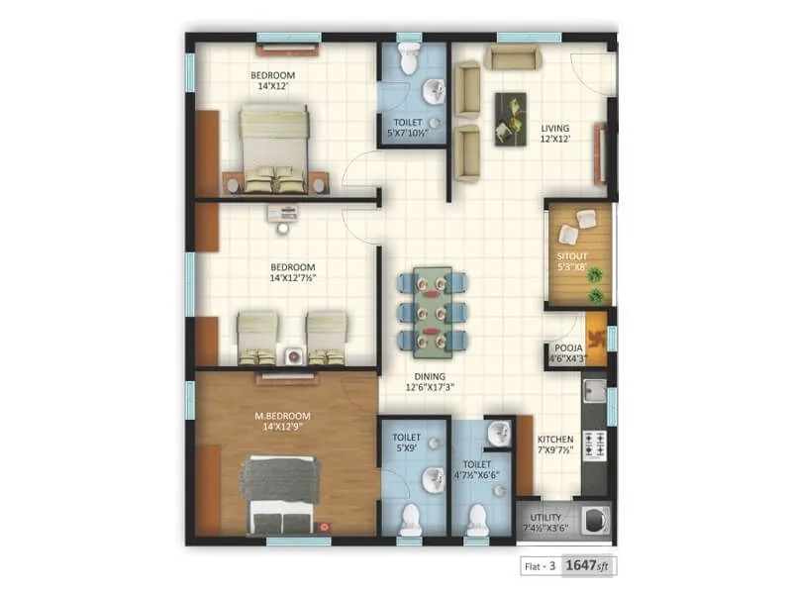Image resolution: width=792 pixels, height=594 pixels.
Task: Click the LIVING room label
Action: click(x=554, y=128)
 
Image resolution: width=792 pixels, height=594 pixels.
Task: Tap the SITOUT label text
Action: click(x=572, y=255)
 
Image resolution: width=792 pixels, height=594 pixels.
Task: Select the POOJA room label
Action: click(x=568, y=348)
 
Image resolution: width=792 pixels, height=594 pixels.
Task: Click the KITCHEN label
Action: click(x=553, y=440)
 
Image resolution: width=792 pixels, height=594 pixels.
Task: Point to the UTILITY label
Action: click(x=545, y=517)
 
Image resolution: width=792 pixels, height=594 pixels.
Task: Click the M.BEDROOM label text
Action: click(x=283, y=415)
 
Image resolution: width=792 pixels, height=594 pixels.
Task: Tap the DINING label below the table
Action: click(x=430, y=376)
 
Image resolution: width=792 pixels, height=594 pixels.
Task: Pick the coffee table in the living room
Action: click(x=511, y=119)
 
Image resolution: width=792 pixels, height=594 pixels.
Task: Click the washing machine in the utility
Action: click(x=592, y=517)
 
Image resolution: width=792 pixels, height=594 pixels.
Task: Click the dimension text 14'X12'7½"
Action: click(x=293, y=278)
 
